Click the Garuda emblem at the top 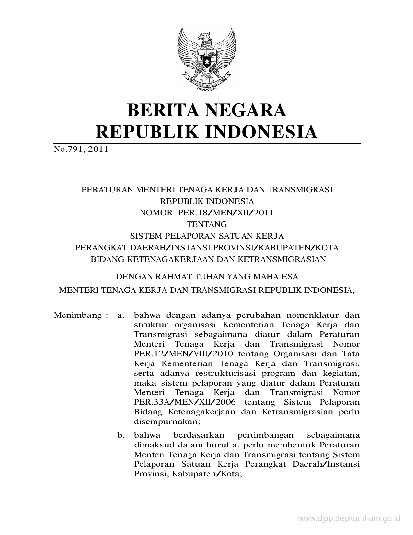[x=206, y=58]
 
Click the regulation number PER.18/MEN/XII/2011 [x=225, y=213]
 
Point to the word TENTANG [x=207, y=224]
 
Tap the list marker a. [x=120, y=315]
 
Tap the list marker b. [x=121, y=435]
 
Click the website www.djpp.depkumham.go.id [x=349, y=519]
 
